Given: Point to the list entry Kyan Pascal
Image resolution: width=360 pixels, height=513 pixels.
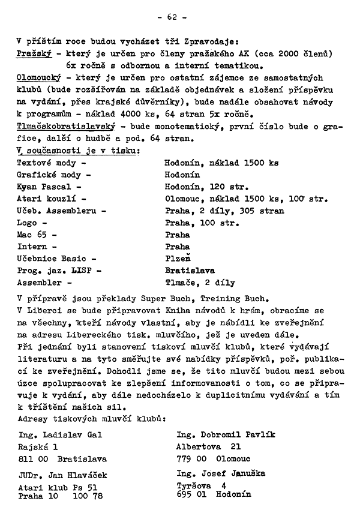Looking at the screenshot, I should pos(44,187).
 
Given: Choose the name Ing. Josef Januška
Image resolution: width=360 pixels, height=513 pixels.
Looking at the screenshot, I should pos(221,473).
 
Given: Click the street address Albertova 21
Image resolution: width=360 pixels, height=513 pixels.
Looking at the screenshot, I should pos(208,446).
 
